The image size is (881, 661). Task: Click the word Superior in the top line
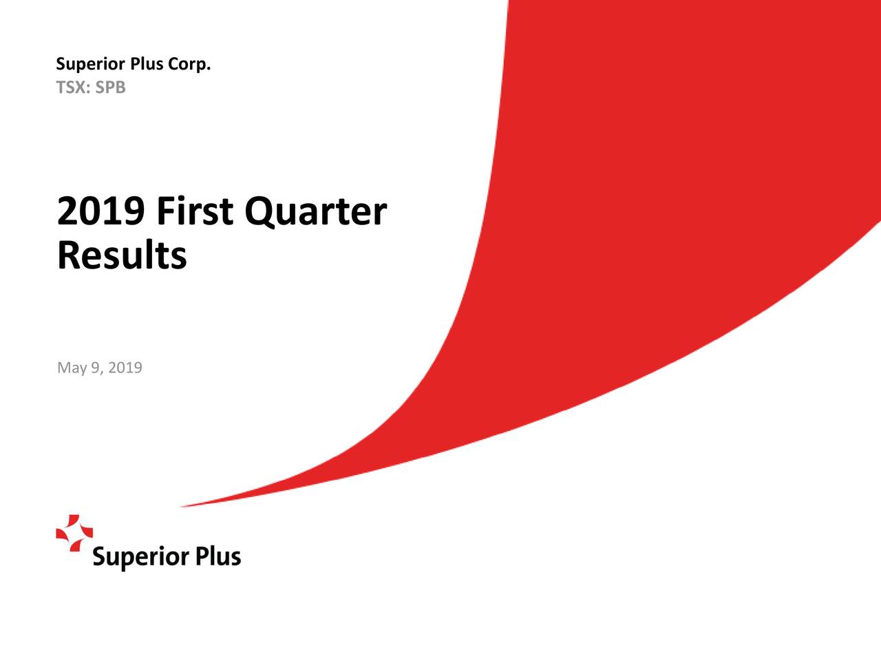tap(89, 65)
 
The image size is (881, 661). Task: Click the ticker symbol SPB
tap(111, 88)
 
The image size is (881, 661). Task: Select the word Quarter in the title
tap(315, 212)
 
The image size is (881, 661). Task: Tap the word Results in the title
tap(122, 255)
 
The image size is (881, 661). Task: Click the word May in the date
tap(72, 368)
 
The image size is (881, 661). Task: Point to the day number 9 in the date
tap(96, 368)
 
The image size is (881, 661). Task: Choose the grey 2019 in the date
tap(125, 368)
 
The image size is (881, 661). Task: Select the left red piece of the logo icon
tap(63, 534)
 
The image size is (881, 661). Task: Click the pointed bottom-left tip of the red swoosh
tap(183, 507)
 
